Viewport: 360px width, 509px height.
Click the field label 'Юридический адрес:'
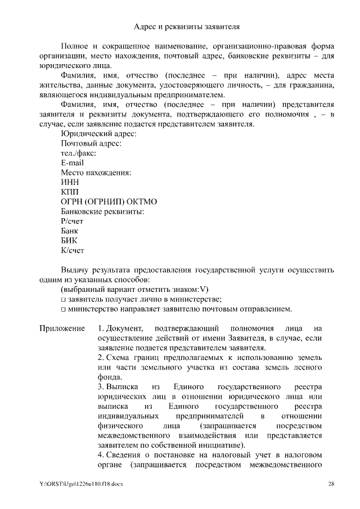[x=98, y=133]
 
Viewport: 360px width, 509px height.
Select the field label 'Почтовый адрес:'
[x=91, y=143]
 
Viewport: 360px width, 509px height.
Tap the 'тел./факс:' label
[x=78, y=153]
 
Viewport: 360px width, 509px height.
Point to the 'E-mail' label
[x=72, y=163]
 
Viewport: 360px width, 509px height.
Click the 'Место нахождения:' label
[x=95, y=172]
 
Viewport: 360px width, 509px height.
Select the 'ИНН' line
[x=70, y=182]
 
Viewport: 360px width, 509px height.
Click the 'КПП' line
[x=70, y=192]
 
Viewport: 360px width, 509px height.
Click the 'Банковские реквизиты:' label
[x=102, y=211]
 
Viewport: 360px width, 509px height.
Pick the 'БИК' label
[x=69, y=241]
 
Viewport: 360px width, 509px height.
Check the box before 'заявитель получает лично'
[x=64, y=299]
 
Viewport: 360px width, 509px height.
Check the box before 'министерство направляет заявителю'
[x=64, y=309]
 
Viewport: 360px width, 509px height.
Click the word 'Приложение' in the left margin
[x=62, y=328]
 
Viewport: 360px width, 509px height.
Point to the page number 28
[x=331, y=484]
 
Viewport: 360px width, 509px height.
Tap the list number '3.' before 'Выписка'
[x=100, y=387]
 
